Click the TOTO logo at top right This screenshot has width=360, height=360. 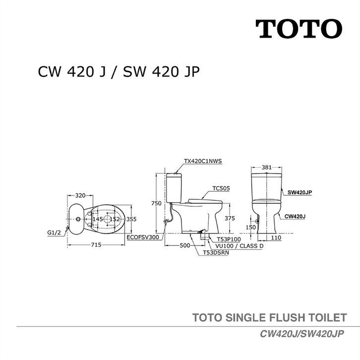pyautogui.click(x=299, y=29)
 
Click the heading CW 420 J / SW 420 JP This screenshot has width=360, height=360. pyautogui.click(x=119, y=73)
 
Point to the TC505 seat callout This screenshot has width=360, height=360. pyautogui.click(x=221, y=188)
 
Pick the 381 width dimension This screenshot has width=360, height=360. pyautogui.click(x=267, y=167)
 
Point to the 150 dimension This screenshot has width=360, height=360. pyautogui.click(x=251, y=227)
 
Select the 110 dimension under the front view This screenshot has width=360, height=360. pyautogui.click(x=277, y=239)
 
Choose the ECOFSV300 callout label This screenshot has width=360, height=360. pyautogui.click(x=143, y=238)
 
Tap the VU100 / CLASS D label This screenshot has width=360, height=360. pyautogui.click(x=239, y=245)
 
